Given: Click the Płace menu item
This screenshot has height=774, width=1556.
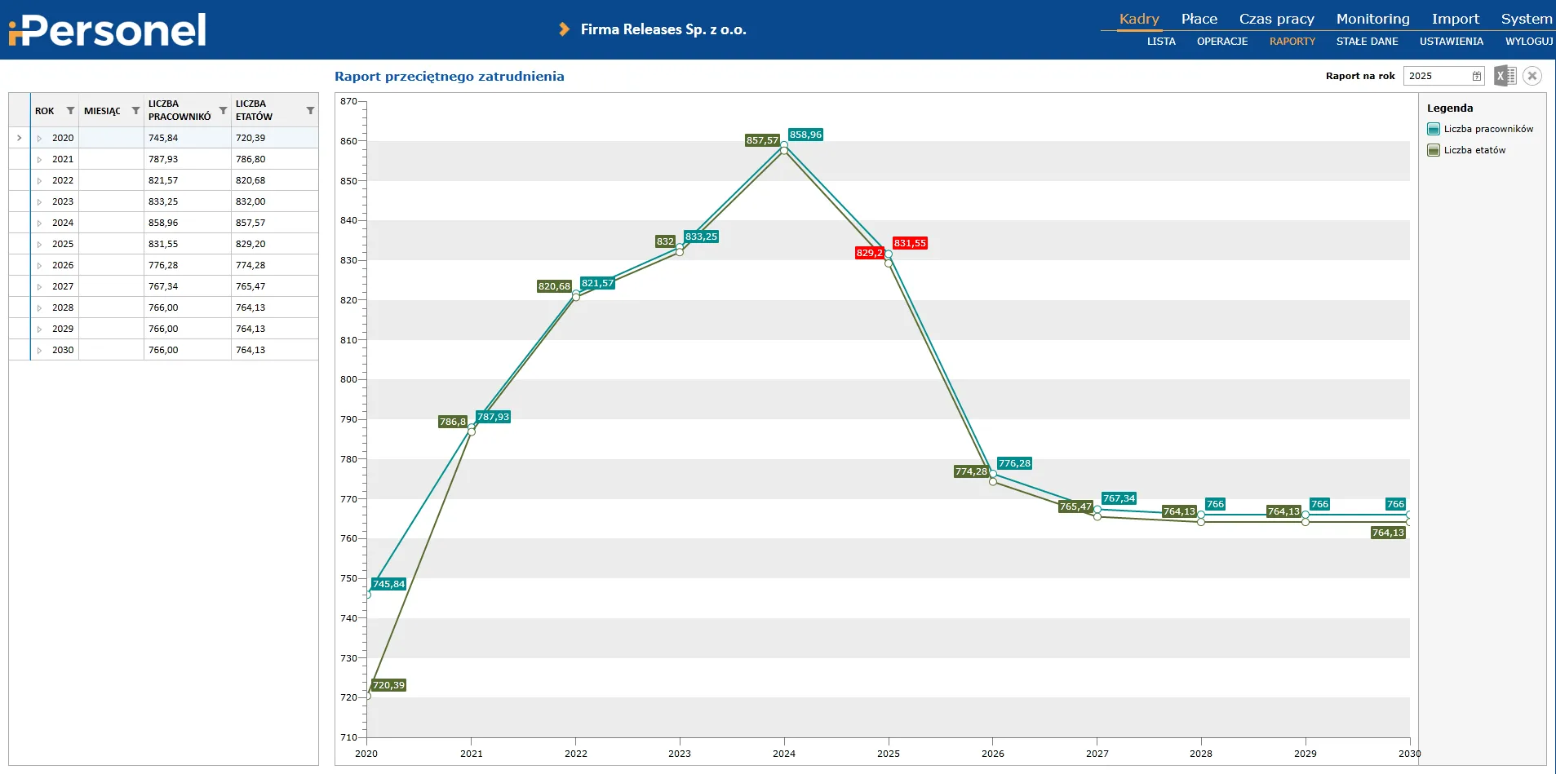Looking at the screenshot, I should point(1199,19).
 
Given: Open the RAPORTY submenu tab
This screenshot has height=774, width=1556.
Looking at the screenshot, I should point(1292,42).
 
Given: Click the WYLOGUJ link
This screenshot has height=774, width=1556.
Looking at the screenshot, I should point(1528,42).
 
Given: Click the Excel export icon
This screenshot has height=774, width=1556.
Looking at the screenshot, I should point(1505,76).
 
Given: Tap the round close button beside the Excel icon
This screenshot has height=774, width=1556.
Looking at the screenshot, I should point(1532,76).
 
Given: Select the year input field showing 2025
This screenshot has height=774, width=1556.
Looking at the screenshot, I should point(1438,76).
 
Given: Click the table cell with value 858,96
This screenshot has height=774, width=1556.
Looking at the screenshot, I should point(163,223).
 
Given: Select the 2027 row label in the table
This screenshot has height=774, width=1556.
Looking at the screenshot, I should point(63,286).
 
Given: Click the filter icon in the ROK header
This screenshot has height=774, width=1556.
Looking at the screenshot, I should point(70,111).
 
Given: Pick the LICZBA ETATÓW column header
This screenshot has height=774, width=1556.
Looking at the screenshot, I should point(254,110).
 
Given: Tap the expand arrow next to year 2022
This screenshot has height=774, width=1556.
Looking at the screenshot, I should point(39,181).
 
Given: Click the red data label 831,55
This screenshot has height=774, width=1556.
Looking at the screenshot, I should point(910,243).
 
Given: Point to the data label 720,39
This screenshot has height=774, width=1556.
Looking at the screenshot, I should point(388,685).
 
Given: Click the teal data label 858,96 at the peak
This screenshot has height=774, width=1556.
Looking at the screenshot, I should point(805,135).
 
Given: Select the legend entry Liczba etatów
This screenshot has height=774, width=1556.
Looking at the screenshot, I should point(1474,150).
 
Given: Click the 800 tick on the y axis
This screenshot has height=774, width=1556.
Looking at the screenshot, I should point(348,379).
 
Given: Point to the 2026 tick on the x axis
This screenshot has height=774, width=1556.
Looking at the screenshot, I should point(992,754).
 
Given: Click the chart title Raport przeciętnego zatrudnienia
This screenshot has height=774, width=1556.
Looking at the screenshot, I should point(449,77).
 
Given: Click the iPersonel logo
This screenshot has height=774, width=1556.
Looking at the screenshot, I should point(108,30).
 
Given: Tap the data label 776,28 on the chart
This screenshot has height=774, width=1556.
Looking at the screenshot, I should point(1014,463).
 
